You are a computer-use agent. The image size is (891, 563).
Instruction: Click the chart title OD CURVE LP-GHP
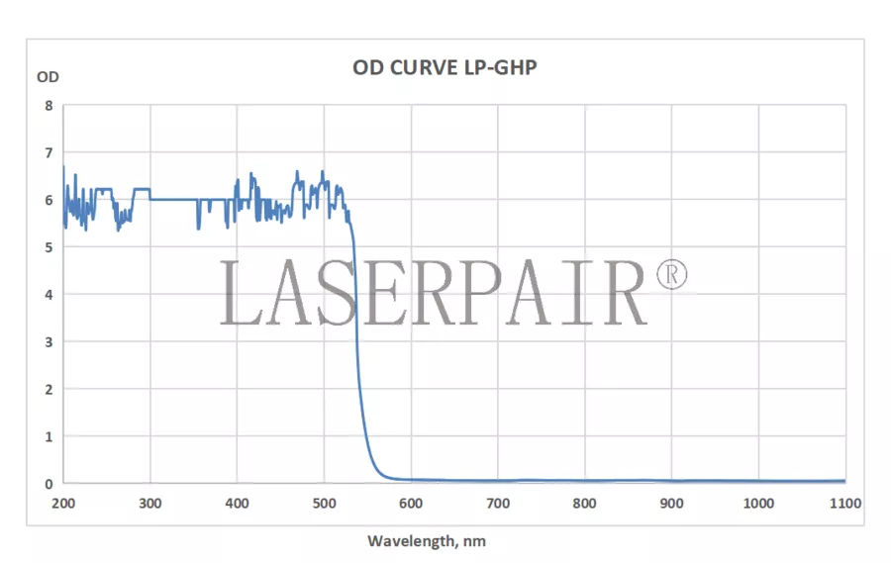click(x=445, y=68)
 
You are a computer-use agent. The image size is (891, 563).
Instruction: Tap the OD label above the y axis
click(x=48, y=76)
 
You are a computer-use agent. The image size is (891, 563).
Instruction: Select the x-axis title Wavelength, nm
click(x=427, y=541)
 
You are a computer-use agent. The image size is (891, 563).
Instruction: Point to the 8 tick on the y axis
click(x=49, y=105)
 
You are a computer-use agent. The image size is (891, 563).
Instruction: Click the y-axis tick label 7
click(x=49, y=152)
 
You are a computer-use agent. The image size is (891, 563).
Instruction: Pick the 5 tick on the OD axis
click(x=49, y=247)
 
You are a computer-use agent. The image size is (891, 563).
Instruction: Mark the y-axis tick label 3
click(x=49, y=341)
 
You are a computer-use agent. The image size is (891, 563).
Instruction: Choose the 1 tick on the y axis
click(x=49, y=436)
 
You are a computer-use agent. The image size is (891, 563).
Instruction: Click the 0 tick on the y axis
click(x=49, y=484)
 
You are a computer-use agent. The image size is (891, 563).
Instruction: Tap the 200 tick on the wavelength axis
click(x=63, y=504)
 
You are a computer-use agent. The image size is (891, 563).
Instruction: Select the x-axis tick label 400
click(x=238, y=504)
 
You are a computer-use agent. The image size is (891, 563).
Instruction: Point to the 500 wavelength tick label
click(x=325, y=504)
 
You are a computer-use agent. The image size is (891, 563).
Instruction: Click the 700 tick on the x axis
click(x=498, y=504)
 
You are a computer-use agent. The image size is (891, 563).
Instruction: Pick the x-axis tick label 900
click(x=672, y=504)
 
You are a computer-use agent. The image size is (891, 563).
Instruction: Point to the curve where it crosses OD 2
click(x=360, y=389)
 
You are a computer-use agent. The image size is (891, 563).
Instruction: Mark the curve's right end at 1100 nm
click(x=844, y=481)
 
